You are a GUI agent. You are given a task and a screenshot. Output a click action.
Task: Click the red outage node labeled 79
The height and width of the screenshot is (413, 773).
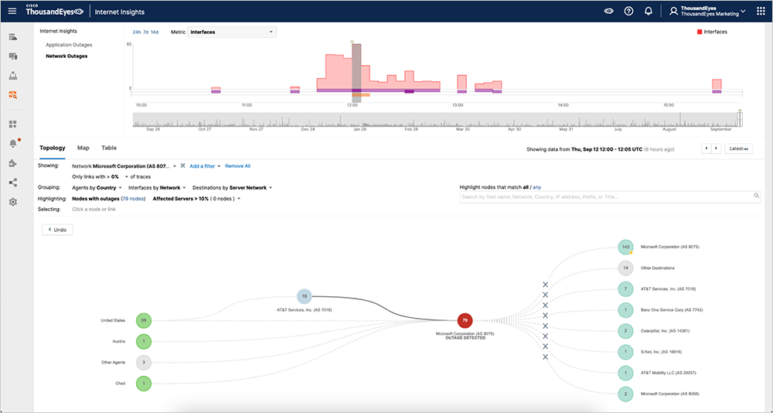[464, 319]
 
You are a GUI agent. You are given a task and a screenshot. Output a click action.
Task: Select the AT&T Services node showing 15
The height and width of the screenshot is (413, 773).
[305, 295]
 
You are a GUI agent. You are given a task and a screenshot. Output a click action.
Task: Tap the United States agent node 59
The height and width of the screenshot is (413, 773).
[142, 320]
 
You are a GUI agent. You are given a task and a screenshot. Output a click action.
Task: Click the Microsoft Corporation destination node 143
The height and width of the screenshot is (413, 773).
[625, 247]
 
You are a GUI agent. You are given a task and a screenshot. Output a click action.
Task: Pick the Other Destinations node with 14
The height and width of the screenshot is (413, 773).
[625, 268]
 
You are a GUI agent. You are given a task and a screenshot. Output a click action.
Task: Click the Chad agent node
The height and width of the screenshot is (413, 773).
[142, 383]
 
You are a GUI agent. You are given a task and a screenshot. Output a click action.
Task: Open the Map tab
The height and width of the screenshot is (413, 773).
[83, 148]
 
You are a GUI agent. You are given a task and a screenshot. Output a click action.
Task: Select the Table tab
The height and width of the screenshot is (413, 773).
[109, 148]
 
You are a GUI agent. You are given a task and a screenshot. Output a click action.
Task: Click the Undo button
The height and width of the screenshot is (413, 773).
[57, 230]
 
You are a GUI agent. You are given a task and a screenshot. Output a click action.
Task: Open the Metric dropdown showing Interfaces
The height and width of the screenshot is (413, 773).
[232, 32]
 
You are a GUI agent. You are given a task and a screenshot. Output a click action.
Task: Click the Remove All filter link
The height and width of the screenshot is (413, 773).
[237, 166]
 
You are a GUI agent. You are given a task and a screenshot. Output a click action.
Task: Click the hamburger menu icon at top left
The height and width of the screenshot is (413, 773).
[12, 12]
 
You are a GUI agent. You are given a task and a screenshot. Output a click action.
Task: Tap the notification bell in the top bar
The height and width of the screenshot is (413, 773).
[648, 12]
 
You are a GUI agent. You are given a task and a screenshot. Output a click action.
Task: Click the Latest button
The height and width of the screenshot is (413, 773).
[738, 148]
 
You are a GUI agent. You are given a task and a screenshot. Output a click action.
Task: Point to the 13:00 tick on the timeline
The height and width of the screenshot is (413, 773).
[458, 104]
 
